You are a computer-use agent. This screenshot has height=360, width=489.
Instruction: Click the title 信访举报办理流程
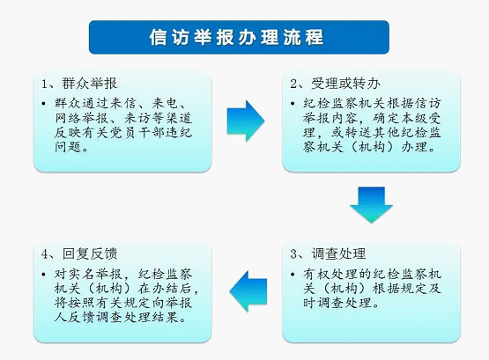coord(236,37)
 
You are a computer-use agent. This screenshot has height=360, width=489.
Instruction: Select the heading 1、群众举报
coord(79,84)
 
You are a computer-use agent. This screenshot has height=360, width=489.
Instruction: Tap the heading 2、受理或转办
coord(335,84)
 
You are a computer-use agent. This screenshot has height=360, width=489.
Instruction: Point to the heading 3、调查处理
coord(328,253)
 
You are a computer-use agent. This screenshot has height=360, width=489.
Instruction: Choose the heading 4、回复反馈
coord(79,253)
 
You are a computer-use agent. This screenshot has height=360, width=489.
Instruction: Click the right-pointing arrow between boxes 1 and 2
coord(246,121)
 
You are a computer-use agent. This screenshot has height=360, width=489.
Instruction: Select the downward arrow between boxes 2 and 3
coord(371,205)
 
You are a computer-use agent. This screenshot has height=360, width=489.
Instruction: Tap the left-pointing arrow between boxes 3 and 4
coord(248,291)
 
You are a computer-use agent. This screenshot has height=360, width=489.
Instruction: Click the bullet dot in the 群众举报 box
coord(43,103)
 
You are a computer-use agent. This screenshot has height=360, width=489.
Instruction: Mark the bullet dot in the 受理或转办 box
coord(293,103)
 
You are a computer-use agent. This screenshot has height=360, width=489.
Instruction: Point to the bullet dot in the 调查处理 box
coord(293,275)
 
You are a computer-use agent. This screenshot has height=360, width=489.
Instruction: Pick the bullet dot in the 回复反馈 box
coord(43,275)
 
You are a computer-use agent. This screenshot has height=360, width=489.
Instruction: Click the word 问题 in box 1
coord(68,147)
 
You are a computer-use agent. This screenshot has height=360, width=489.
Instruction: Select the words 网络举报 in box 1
coord(82,118)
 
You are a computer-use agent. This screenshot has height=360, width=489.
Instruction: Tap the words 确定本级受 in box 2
coord(407,118)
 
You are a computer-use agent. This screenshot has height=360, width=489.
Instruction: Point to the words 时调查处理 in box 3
coord(337,303)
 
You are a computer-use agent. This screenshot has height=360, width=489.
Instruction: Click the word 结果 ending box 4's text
coord(166,317)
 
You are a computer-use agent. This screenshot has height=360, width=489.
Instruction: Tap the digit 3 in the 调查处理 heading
coord(293,254)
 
